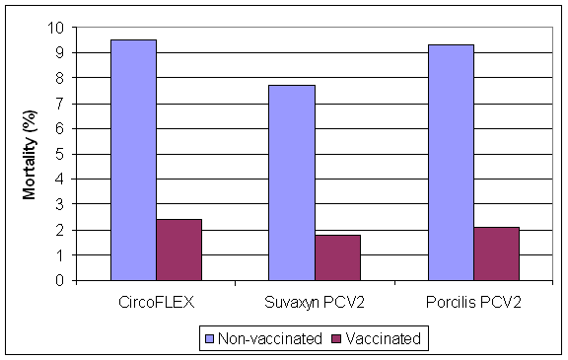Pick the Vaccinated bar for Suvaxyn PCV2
pos(337,257)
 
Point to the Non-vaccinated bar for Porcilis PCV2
pos(451,163)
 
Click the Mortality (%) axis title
pos(31,154)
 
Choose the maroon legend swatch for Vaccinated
pos(337,339)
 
